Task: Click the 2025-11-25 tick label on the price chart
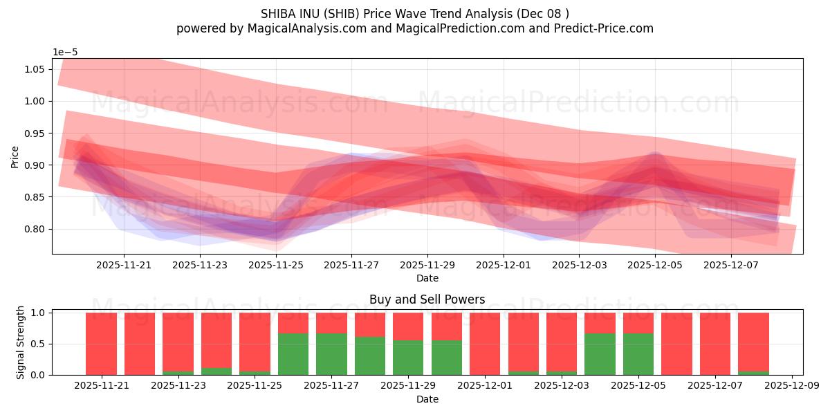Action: [275, 264]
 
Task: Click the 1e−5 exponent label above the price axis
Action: [66, 52]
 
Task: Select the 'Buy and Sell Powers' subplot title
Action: [427, 299]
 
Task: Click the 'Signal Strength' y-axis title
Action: [21, 342]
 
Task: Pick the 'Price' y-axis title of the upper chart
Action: [15, 156]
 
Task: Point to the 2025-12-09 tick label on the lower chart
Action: [791, 385]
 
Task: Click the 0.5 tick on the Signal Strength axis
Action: [39, 344]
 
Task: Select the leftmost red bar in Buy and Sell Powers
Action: [101, 343]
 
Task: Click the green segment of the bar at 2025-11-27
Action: [331, 354]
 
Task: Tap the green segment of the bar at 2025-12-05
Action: [638, 354]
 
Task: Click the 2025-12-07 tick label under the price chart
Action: [731, 264]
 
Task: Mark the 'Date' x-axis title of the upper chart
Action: [427, 278]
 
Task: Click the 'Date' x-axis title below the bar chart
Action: [427, 399]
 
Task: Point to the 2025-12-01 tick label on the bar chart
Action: [484, 385]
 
